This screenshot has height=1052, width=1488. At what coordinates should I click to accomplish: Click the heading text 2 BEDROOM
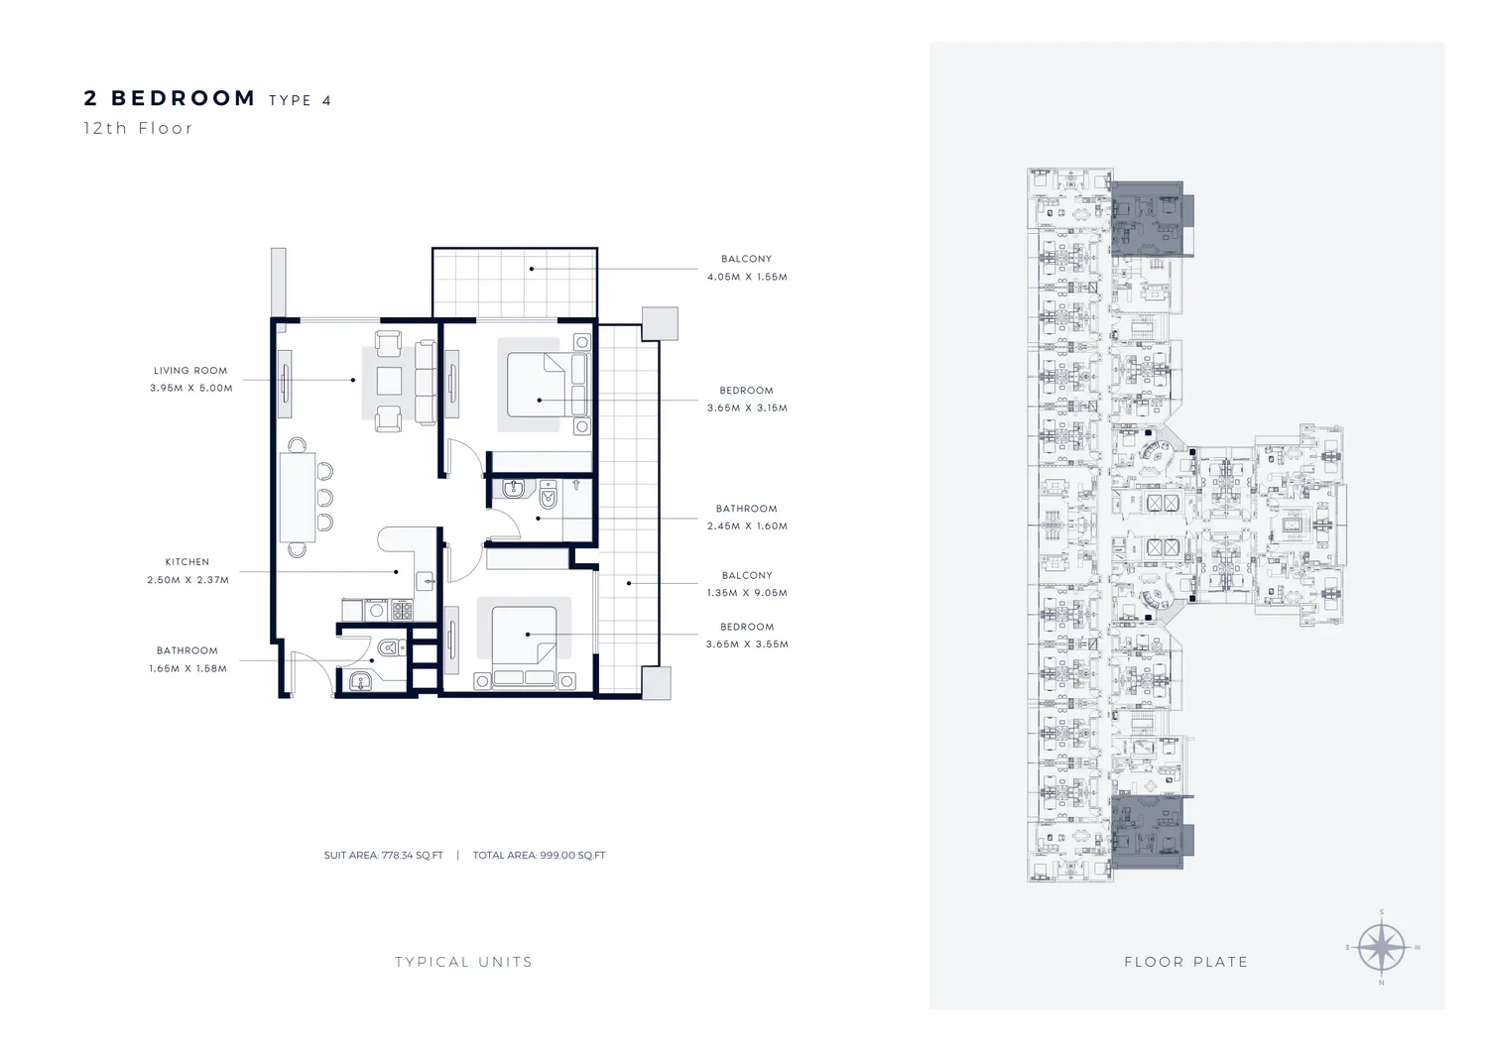click(x=170, y=98)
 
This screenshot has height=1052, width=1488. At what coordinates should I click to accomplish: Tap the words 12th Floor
click(x=138, y=128)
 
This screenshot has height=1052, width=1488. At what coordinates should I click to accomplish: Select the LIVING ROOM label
click(x=190, y=371)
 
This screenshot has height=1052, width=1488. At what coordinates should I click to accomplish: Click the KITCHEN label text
click(x=187, y=562)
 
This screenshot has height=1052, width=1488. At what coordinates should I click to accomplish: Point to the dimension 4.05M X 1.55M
click(x=747, y=277)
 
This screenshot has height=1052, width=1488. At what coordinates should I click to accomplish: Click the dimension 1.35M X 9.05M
click(x=747, y=593)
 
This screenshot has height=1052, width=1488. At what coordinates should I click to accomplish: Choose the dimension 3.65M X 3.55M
click(x=747, y=644)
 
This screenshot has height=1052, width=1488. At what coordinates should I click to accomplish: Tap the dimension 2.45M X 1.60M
click(x=747, y=526)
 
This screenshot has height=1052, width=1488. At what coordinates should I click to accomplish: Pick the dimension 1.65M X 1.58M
click(x=188, y=669)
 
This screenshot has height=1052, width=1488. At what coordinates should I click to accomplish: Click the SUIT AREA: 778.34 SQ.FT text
click(x=383, y=856)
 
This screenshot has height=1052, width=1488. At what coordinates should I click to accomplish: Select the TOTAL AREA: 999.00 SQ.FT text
click(x=539, y=856)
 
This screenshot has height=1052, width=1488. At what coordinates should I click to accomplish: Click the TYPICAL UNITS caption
click(x=463, y=962)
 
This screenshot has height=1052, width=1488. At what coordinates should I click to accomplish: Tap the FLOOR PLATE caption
click(x=1186, y=962)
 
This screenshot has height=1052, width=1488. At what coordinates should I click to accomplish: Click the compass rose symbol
click(x=1382, y=948)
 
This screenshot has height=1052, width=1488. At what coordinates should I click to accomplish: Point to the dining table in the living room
click(x=298, y=498)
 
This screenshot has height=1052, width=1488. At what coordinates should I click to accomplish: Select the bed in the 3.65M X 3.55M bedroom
click(x=524, y=637)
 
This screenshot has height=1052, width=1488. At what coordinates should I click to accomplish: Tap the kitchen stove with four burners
click(x=402, y=610)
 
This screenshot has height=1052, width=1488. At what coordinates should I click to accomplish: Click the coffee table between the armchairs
click(x=389, y=382)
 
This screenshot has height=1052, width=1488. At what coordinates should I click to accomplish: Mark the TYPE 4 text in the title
click(x=301, y=100)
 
